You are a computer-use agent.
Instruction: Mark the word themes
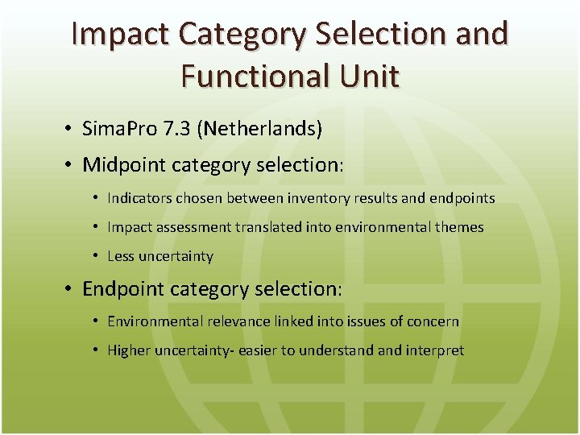point(459,227)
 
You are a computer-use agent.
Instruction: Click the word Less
point(121,256)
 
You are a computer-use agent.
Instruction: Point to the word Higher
point(129,350)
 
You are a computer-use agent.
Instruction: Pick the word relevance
point(239,321)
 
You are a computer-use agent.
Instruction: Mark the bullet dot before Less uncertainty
point(95,256)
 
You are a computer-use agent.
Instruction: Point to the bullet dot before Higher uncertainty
point(95,350)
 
